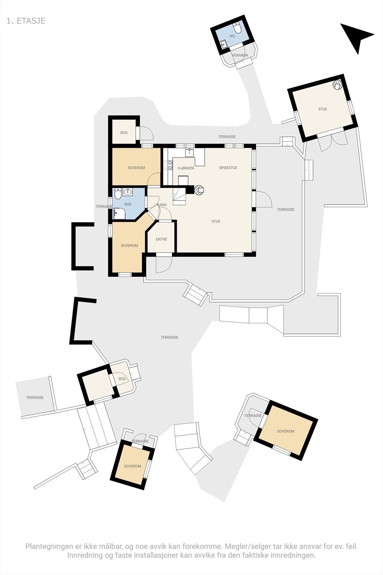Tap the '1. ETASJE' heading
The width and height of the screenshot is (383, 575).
26,21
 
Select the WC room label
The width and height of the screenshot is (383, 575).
232,36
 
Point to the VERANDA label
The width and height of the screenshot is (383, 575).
240,55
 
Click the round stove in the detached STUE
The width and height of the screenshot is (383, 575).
337,85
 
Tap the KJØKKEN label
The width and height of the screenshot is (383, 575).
186,168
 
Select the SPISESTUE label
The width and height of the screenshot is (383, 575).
228,168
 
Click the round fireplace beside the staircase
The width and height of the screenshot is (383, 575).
199,189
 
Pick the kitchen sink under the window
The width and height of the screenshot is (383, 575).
190,153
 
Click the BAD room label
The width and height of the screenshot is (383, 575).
128,204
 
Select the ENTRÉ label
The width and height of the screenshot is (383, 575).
161,239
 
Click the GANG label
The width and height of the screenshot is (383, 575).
162,205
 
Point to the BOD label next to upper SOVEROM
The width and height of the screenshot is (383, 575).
124,133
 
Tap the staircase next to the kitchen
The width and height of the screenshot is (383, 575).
179,196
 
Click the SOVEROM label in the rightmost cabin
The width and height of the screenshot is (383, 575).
285,431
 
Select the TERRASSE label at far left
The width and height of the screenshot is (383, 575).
35,397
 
